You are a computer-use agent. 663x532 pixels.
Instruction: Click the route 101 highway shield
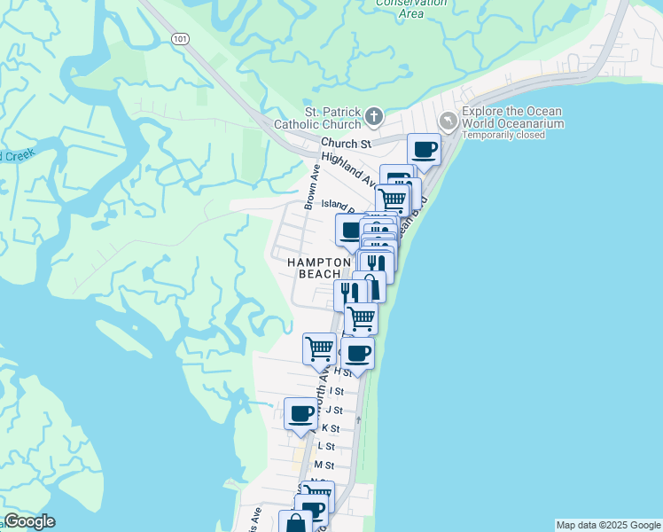(180, 39)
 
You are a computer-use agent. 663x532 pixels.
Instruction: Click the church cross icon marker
(375, 116)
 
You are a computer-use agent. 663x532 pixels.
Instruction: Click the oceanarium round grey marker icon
(448, 120)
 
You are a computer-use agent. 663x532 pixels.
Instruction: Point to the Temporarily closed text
(503, 136)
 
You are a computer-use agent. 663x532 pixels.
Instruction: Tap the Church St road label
(346, 143)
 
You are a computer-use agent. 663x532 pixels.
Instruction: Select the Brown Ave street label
(311, 187)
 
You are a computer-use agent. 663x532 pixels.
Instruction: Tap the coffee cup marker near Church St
(424, 149)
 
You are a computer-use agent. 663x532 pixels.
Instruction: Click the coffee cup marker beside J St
(301, 413)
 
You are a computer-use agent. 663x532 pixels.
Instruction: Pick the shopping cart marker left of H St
(319, 347)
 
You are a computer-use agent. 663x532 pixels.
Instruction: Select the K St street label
(330, 427)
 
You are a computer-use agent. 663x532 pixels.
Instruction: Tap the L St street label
(326, 447)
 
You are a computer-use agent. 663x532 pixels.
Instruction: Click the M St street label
(324, 465)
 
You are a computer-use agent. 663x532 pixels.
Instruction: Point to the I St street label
(336, 391)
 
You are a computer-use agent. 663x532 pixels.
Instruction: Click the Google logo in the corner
(29, 521)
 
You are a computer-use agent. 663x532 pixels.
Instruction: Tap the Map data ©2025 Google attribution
(608, 525)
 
